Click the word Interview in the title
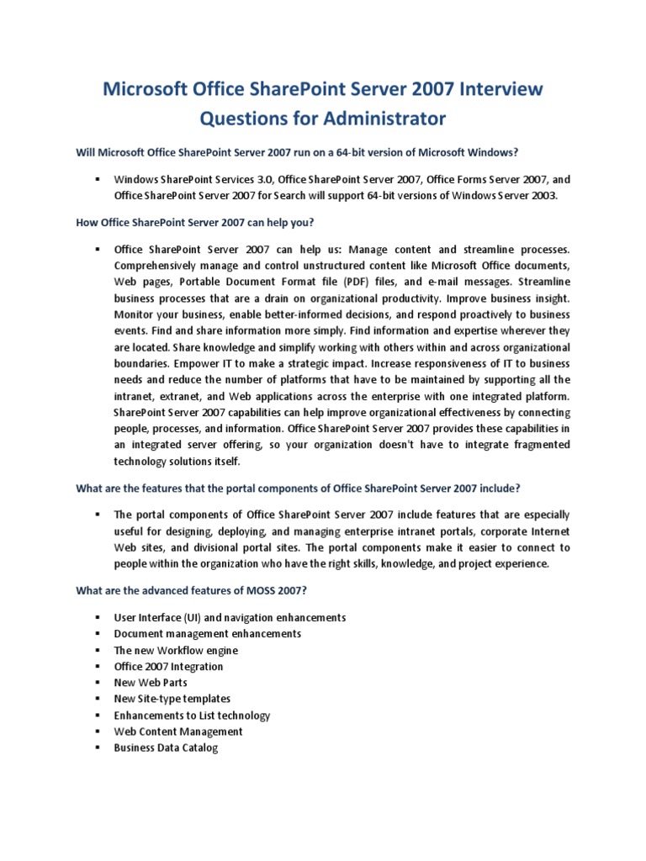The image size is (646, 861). click(x=501, y=88)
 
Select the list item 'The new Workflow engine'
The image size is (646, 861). click(x=176, y=650)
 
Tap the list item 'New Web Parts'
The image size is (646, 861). click(x=151, y=683)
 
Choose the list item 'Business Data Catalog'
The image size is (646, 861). click(x=166, y=747)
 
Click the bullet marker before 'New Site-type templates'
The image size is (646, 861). click(x=98, y=699)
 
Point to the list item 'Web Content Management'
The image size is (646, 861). click(x=178, y=732)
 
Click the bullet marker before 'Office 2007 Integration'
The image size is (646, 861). click(x=98, y=667)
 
